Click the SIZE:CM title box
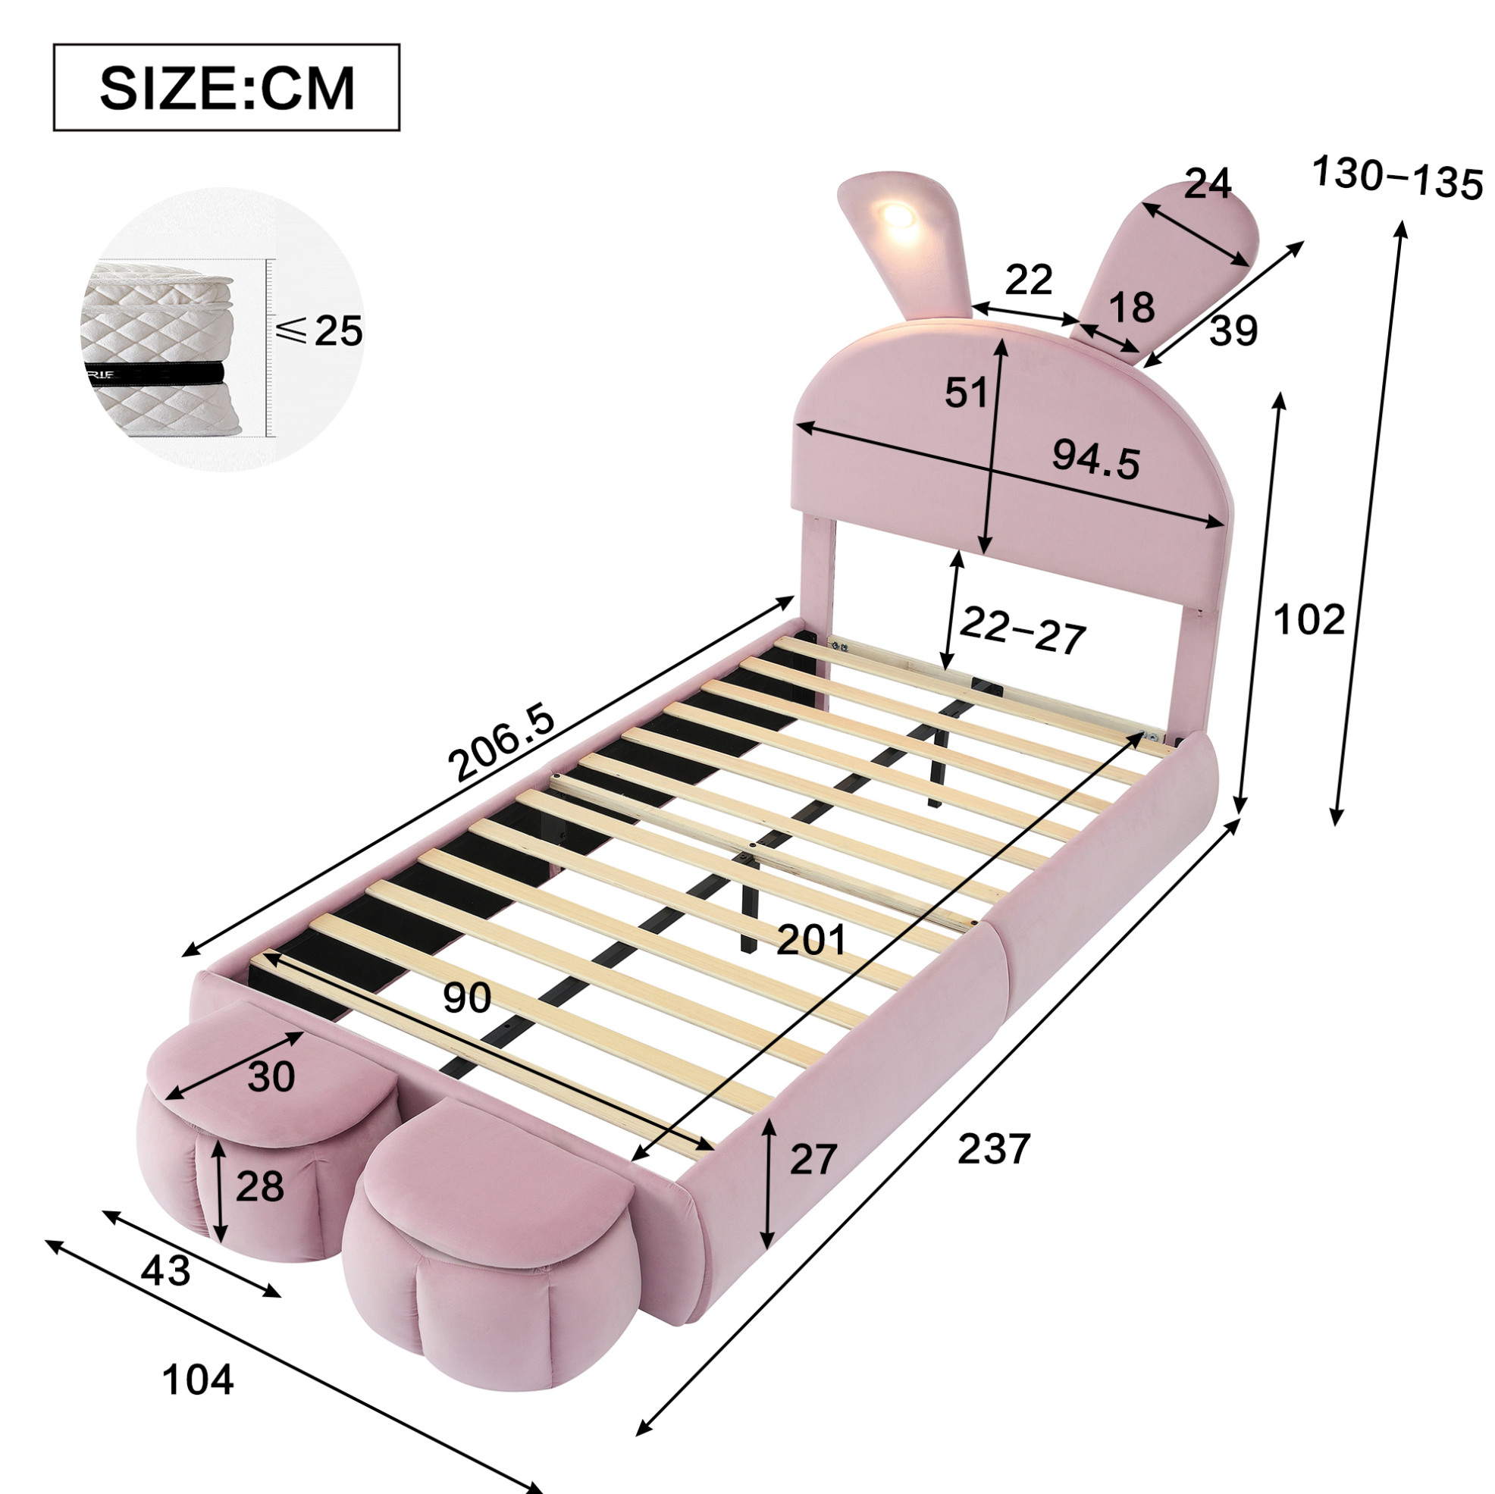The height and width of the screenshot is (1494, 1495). click(x=227, y=87)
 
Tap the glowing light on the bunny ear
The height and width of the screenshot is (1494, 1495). click(x=898, y=215)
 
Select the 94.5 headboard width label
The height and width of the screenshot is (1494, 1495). click(x=1095, y=461)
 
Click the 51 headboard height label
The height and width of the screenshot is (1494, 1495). click(x=967, y=393)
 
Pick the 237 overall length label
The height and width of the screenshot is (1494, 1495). click(x=995, y=1148)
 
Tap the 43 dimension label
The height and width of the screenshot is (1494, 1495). click(x=165, y=1270)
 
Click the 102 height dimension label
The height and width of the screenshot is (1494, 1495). click(x=1309, y=620)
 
